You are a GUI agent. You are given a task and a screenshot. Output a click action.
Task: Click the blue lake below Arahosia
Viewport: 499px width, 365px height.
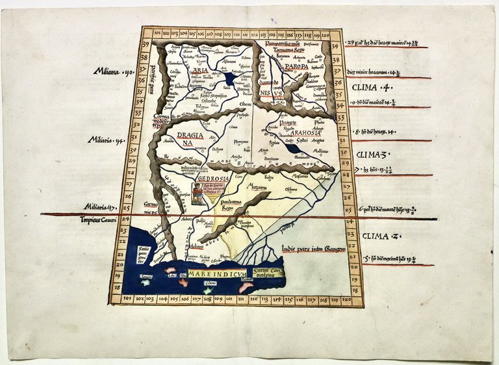[294, 149]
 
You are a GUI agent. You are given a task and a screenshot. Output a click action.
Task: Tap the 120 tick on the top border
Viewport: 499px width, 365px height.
[324, 34]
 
